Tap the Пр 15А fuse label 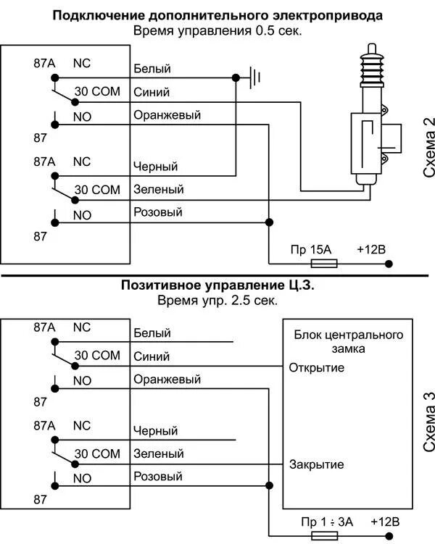coord(310,250)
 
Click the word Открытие coord(316,367)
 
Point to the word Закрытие coord(316,464)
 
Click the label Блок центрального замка coord(348,342)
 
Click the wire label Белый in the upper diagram coord(152,69)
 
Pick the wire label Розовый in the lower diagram coord(157,477)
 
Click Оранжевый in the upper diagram coord(167,115)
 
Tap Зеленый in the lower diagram coord(158,453)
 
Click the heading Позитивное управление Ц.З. coord(217,285)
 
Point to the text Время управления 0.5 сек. coord(217,31)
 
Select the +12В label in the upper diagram coord(371,250)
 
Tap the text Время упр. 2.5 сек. coord(217,300)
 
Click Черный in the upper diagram coord(155,167)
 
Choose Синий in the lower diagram coord(152,356)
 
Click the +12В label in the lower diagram coord(385,522)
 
